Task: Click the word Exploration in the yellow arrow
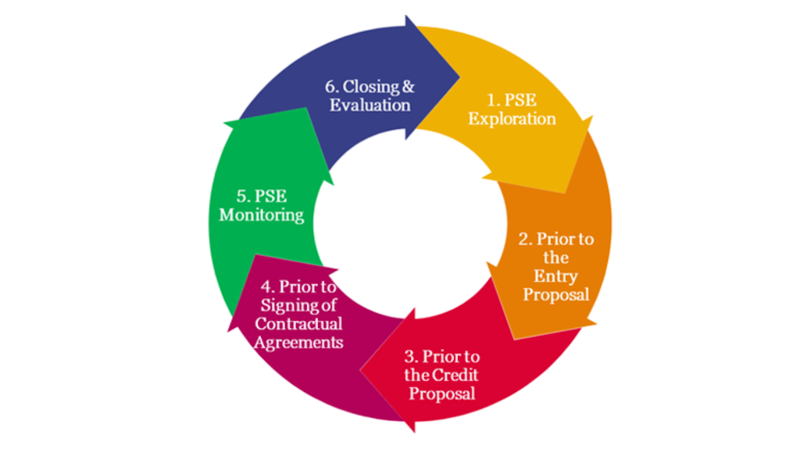523,119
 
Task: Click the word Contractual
298,323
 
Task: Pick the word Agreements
299,342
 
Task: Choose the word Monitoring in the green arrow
261,215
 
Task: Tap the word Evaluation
370,105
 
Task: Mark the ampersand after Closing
408,87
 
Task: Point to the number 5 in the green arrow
242,196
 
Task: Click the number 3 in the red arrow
410,357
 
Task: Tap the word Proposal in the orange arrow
555,294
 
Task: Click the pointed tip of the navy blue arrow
459,77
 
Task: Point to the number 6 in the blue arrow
330,87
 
